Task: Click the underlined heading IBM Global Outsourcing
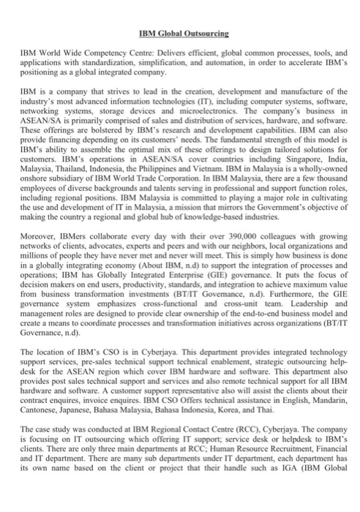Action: coord(180,34)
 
